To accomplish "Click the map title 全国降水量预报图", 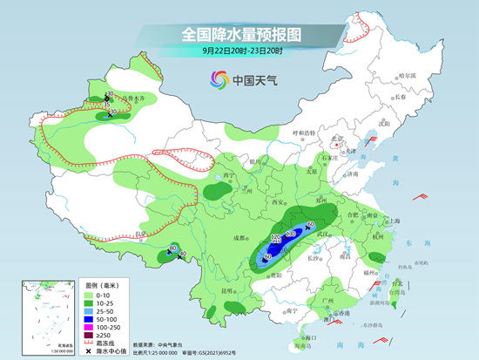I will (x=239, y=35).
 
